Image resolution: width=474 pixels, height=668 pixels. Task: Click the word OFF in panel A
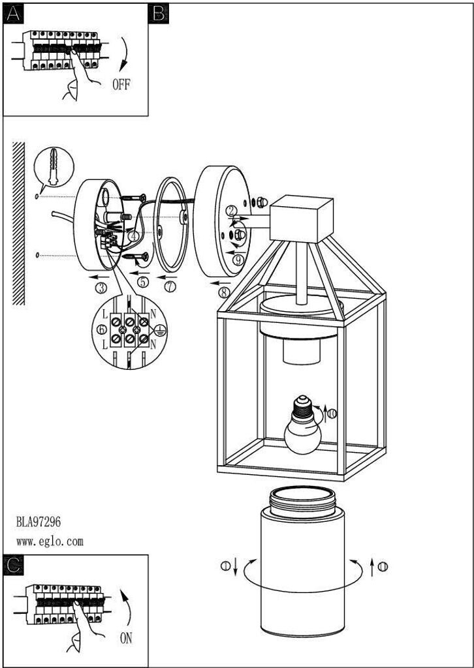[x=121, y=85]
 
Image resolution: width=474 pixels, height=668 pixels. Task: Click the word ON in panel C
[x=126, y=639]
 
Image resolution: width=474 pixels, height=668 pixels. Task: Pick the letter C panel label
[x=12, y=565]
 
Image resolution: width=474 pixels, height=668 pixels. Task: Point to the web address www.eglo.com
[x=50, y=541]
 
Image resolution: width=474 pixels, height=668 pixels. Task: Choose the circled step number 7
[x=170, y=286]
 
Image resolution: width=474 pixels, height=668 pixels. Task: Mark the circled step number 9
[x=238, y=259]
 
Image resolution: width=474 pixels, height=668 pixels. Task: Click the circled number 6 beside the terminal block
[x=101, y=330]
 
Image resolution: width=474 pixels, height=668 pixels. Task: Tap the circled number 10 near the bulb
[x=332, y=413]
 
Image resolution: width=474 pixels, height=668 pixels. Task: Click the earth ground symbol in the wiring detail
[x=159, y=330]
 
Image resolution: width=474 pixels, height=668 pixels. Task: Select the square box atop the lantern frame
[x=302, y=217]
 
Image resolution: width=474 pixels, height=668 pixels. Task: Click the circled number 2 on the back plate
[x=231, y=210]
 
